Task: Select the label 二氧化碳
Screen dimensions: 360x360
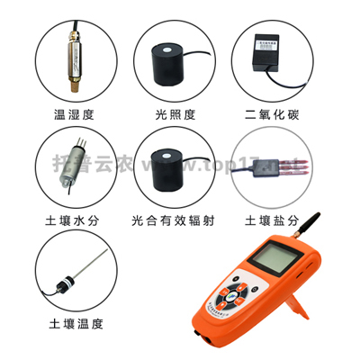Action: [x=269, y=114]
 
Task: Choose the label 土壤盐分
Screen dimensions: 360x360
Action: [x=269, y=219]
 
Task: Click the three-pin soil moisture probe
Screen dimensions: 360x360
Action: [x=76, y=162]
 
